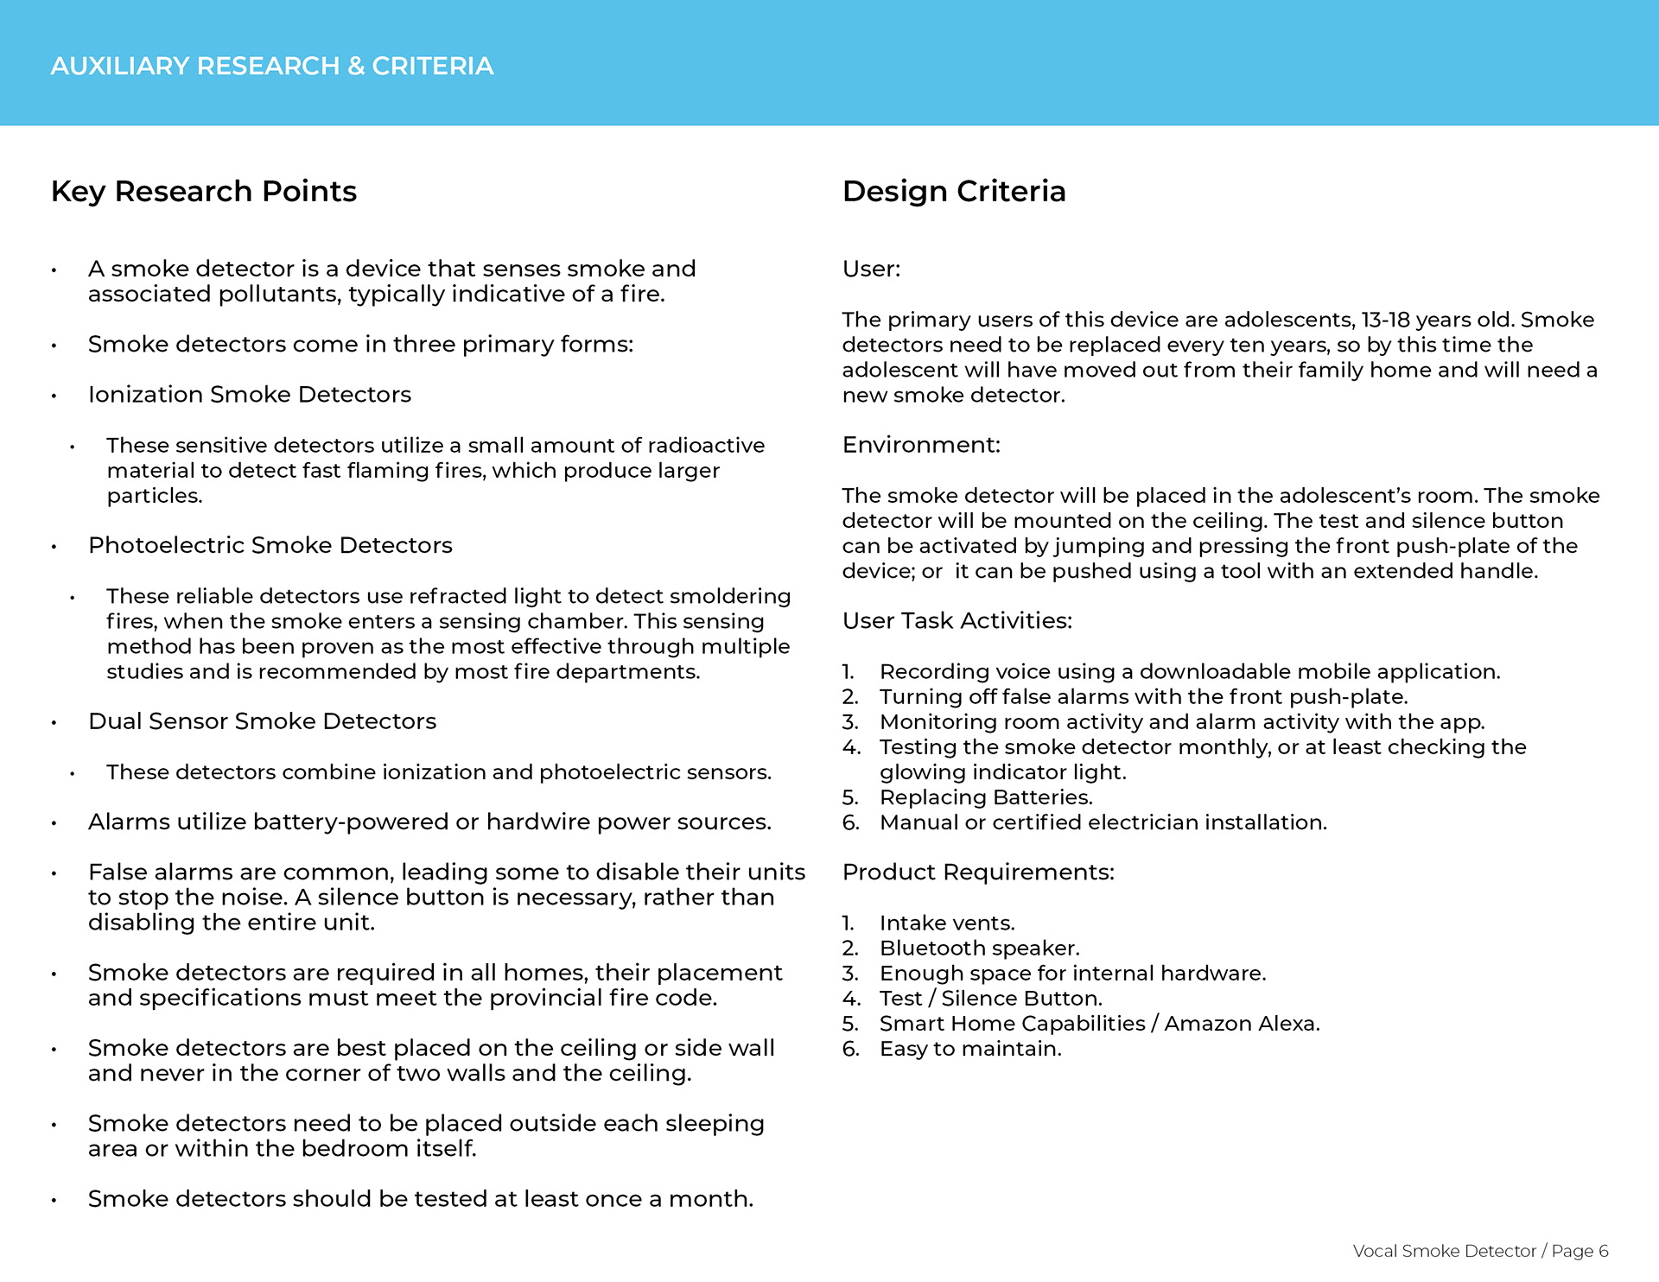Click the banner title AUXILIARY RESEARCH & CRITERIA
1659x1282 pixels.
point(271,66)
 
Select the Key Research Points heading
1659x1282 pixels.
point(203,191)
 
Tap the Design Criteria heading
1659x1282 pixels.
point(953,191)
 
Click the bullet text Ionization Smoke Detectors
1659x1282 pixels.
point(249,394)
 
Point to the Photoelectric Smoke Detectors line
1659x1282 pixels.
point(270,545)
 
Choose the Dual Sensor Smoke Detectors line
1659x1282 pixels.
point(262,721)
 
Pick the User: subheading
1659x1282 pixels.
point(871,269)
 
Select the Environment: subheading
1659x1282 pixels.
point(921,445)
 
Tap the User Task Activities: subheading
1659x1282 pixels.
point(957,620)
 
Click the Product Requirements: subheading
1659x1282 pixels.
point(978,872)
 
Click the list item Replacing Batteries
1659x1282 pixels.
point(986,797)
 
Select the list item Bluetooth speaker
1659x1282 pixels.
point(979,949)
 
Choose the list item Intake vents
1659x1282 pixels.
point(947,923)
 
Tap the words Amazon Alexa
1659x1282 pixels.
point(1241,1024)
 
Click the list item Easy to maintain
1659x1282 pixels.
point(970,1049)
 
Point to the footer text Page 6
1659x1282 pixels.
point(1580,1251)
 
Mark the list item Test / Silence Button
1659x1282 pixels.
point(990,999)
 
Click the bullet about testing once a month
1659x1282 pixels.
point(420,1199)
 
